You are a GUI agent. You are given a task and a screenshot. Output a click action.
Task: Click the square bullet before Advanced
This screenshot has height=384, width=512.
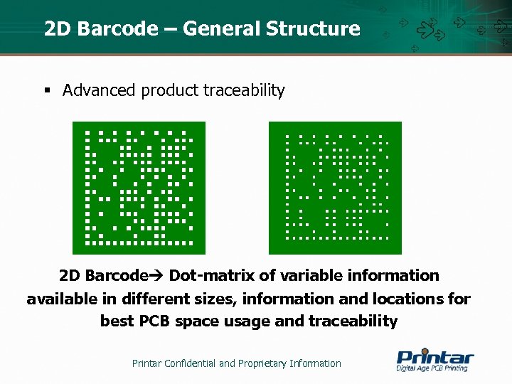(x=47, y=90)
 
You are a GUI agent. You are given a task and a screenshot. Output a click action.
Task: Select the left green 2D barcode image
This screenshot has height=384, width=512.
(x=139, y=188)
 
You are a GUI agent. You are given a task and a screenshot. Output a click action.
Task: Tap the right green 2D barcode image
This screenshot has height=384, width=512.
(x=335, y=188)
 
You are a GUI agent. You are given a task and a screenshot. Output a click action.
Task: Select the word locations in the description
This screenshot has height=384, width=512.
(x=410, y=299)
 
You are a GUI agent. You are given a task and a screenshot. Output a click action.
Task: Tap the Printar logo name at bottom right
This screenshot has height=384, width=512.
(x=434, y=356)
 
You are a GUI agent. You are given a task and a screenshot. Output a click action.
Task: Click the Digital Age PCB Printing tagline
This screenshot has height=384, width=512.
(x=432, y=368)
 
